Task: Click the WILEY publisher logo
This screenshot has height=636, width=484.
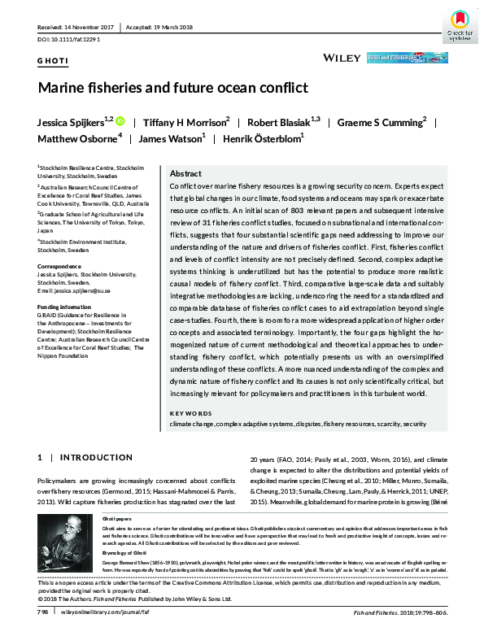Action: (x=341, y=59)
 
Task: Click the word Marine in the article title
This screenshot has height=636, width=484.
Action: (x=67, y=88)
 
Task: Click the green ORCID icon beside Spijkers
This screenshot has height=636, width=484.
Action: (x=120, y=122)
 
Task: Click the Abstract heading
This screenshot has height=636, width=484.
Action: (x=185, y=174)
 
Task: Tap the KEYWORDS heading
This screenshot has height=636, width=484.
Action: (x=190, y=414)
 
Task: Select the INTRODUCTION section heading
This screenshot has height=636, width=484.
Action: (x=96, y=459)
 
